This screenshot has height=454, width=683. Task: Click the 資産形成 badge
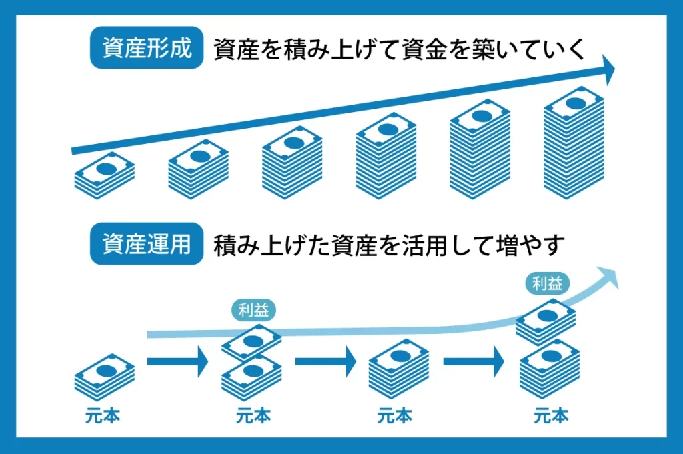pos(146,49)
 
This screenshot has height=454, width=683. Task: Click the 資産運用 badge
pos(146,245)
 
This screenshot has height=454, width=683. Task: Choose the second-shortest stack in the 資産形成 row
pos(198,171)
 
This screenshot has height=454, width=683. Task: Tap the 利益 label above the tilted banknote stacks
pos(253,309)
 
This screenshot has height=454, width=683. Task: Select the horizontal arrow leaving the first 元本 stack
pos(177,362)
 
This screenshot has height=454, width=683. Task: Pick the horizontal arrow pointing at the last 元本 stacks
pos(473,362)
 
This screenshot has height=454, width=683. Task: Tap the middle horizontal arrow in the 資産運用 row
pos(325,362)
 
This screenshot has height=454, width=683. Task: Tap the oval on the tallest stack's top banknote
pos(574,102)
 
